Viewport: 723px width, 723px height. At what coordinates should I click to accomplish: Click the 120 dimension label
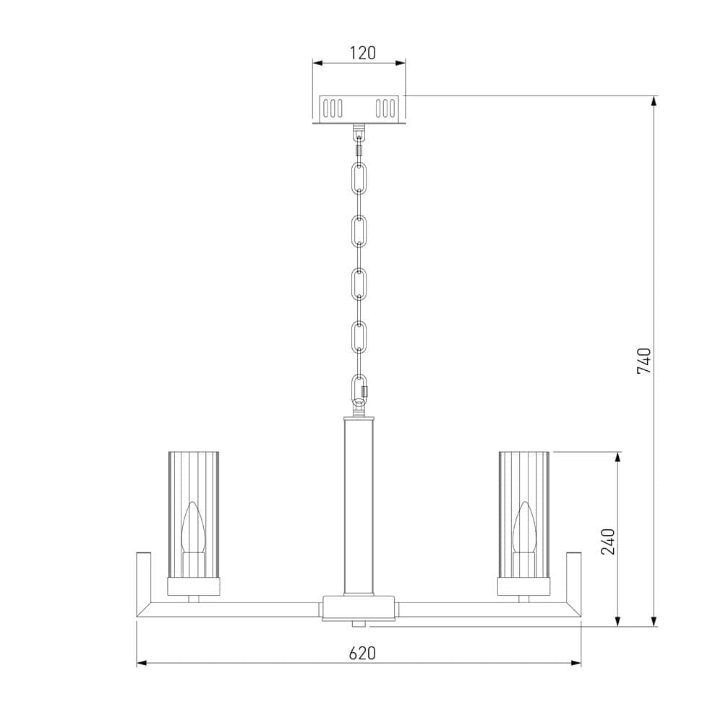(362, 53)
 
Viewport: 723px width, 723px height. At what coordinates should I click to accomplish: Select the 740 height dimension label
(643, 361)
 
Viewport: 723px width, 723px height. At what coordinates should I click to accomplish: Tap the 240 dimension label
(608, 542)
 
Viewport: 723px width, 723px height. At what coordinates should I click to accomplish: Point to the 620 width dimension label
(362, 653)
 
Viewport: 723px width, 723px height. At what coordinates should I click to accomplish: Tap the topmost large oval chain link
(359, 178)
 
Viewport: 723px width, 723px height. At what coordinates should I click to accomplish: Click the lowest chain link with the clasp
(359, 390)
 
